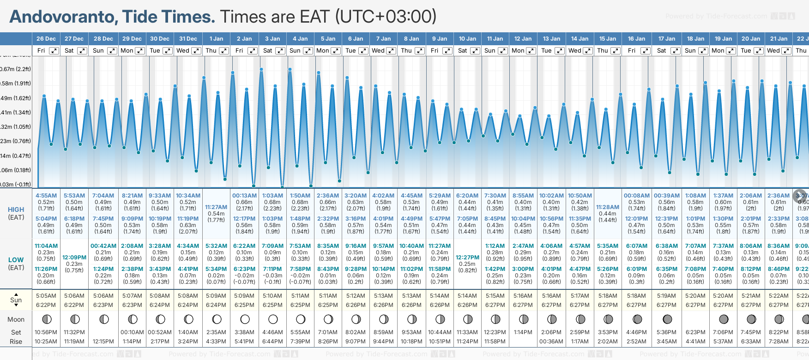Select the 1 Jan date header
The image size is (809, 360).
coord(216,39)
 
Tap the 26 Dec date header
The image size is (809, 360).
coord(46,39)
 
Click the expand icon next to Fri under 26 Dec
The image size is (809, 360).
coord(54,51)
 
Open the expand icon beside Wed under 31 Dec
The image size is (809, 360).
coord(196,51)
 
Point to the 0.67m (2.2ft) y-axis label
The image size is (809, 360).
coord(15,69)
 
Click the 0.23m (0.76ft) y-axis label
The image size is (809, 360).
coord(15,141)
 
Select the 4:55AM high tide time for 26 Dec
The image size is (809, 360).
coord(46,196)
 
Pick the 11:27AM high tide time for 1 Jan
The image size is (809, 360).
coord(216,207)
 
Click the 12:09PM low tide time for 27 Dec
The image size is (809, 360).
coord(74,258)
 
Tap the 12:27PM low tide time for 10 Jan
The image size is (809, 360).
coord(467,258)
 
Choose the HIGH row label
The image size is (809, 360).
coord(16,210)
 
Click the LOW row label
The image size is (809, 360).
coord(16,260)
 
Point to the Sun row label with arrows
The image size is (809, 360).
coord(16,300)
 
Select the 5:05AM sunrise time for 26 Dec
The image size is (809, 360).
coord(46,296)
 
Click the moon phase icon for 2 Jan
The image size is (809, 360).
coord(245,319)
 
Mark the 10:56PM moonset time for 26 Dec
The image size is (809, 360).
coord(46,332)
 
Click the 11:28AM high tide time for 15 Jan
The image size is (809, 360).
coord(608,207)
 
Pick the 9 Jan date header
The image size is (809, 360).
coord(440,39)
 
